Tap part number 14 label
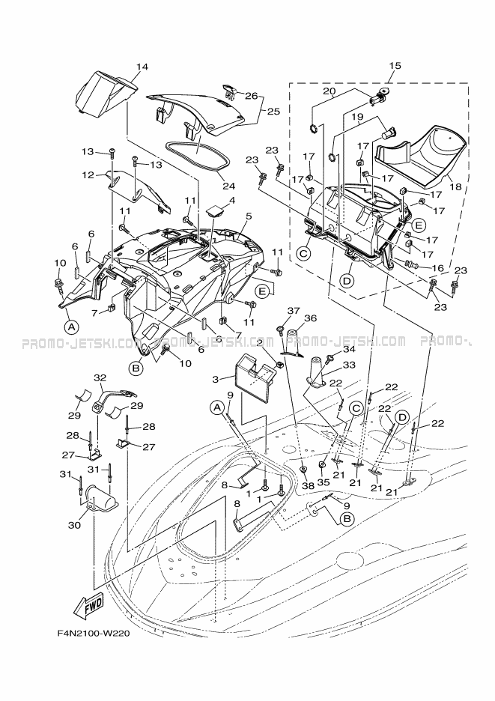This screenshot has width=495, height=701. tap(142, 67)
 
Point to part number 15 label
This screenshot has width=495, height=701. tap(395, 66)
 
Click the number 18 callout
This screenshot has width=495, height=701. tap(455, 187)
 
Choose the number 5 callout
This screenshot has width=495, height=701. tap(249, 216)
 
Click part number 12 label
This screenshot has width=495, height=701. tap(88, 175)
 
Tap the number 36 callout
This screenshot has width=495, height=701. tap(310, 318)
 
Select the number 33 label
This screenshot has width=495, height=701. tap(349, 365)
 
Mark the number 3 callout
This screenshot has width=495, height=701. tap(216, 380)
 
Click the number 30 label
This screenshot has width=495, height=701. tap(74, 524)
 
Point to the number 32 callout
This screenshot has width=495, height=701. tap(99, 377)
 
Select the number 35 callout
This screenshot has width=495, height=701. tap(322, 483)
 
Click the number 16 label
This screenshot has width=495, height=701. tap(438, 268)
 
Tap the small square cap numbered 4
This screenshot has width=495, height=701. tap(214, 210)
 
